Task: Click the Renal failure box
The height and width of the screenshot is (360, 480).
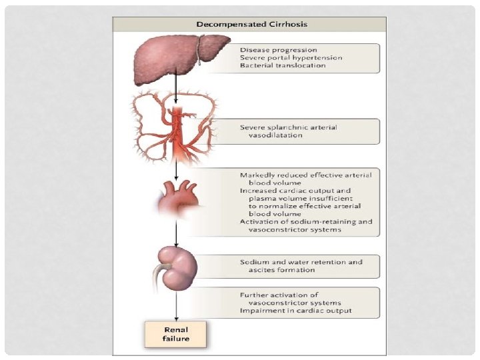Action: (x=177, y=334)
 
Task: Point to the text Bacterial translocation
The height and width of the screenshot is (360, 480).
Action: (x=283, y=66)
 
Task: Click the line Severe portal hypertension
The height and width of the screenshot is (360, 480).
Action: (x=291, y=57)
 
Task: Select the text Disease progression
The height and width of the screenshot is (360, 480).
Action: (x=279, y=49)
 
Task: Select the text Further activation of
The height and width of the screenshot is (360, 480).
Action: (x=279, y=294)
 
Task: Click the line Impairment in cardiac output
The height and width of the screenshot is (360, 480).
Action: (x=296, y=311)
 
